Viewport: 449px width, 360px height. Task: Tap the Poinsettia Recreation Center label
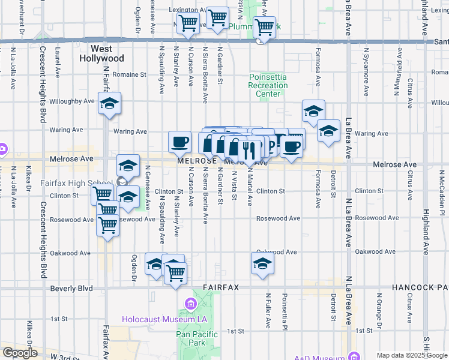pyautogui.click(x=268, y=85)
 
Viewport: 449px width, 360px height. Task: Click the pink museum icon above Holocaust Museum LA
pyautogui.click(x=190, y=304)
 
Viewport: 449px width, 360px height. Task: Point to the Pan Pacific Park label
pyautogui.click(x=190, y=338)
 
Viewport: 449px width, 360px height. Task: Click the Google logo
pyautogui.click(x=20, y=353)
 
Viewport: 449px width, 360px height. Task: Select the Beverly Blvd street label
pyautogui.click(x=71, y=288)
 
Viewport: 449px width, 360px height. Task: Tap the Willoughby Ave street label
pyautogui.click(x=71, y=101)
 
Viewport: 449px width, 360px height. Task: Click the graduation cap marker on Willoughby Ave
pyautogui.click(x=109, y=103)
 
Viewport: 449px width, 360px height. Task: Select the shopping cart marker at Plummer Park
pyautogui.click(x=264, y=26)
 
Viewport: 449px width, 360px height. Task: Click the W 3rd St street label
pyautogui.click(x=65, y=356)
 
